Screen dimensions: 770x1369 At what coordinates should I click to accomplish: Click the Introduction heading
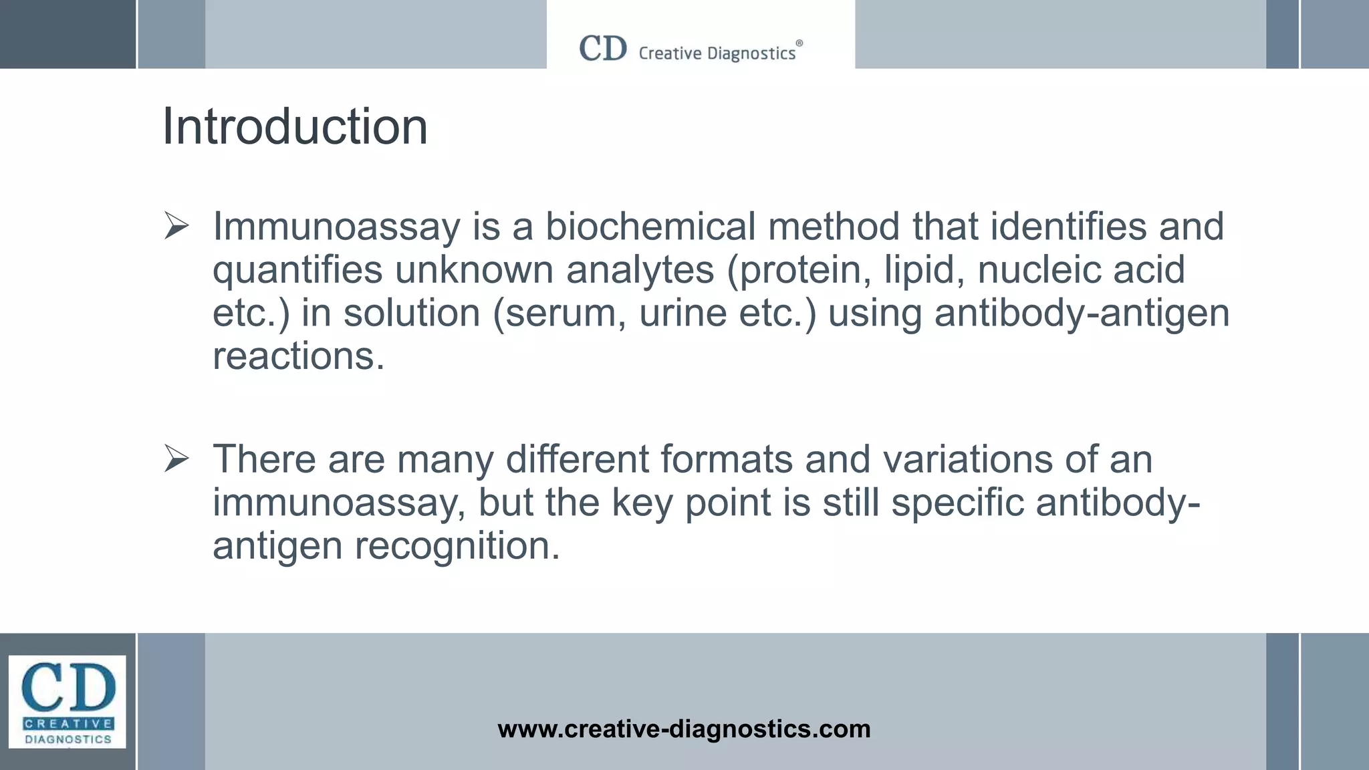pyautogui.click(x=295, y=126)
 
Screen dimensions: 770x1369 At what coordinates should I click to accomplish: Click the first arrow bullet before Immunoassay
pyautogui.click(x=176, y=227)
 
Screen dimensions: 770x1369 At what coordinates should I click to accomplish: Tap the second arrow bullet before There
pyautogui.click(x=176, y=459)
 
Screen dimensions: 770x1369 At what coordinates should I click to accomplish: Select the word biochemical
pyautogui.click(x=650, y=226)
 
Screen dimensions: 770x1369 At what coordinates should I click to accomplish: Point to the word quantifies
pyautogui.click(x=297, y=270)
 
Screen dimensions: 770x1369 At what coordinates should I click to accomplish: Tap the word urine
pyautogui.click(x=682, y=313)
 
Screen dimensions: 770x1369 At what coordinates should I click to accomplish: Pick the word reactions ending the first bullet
pyautogui.click(x=298, y=356)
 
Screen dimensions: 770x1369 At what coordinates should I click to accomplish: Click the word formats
pyautogui.click(x=726, y=459)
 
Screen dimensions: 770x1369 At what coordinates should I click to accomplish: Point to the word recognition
pyautogui.click(x=457, y=545)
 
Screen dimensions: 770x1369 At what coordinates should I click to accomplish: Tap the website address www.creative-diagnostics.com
pyautogui.click(x=684, y=729)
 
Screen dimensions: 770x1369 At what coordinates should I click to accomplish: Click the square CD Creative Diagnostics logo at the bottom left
pyautogui.click(x=68, y=701)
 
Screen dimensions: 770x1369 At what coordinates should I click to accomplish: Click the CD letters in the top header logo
pyautogui.click(x=603, y=49)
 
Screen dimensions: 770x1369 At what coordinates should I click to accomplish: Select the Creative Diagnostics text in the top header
pyautogui.click(x=717, y=53)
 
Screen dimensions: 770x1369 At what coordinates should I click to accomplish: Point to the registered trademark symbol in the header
pyautogui.click(x=799, y=43)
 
